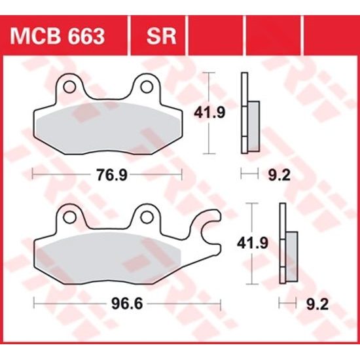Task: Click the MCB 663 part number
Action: pos(65,35)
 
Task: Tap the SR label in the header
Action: pos(161,35)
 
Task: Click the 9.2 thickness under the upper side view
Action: pos(276,175)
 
